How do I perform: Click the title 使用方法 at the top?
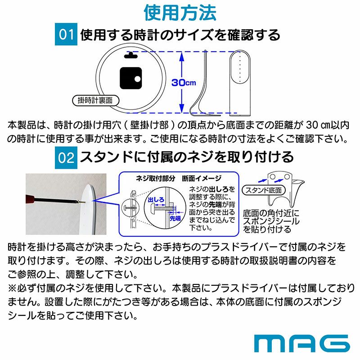pyautogui.click(x=180, y=12)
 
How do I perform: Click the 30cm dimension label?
pyautogui.click(x=184, y=83)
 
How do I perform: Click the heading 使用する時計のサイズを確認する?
pyautogui.click(x=180, y=36)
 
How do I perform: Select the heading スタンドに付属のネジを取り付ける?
pyautogui.click(x=187, y=157)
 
